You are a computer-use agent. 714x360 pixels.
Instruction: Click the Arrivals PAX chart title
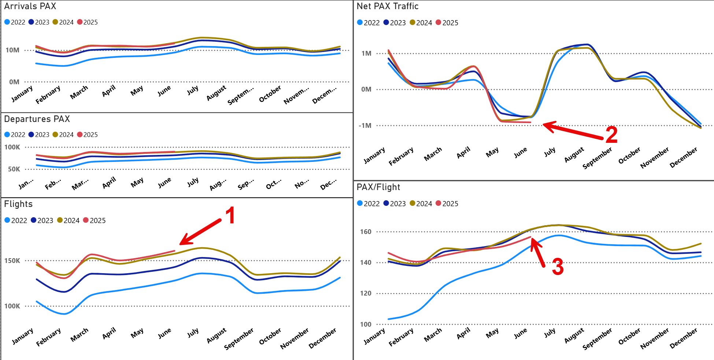(x=30, y=6)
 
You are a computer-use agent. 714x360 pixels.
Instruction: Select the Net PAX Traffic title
(x=387, y=6)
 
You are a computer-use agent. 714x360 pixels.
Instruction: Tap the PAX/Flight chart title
(x=378, y=187)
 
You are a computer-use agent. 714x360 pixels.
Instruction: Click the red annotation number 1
(x=230, y=215)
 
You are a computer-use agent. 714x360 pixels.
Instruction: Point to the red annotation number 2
(x=611, y=135)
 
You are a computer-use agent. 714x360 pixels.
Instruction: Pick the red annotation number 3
(x=558, y=267)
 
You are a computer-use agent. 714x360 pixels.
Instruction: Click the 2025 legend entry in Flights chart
(x=94, y=220)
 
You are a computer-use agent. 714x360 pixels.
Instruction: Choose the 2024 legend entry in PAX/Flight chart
(x=421, y=204)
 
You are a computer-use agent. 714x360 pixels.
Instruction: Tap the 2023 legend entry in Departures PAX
(x=39, y=135)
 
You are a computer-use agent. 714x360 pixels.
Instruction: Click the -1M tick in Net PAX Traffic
(x=365, y=126)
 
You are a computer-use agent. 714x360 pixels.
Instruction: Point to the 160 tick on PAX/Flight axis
(x=366, y=232)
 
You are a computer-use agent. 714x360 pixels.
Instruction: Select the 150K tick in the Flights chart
(x=12, y=261)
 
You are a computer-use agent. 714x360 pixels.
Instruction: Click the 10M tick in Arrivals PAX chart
(x=12, y=50)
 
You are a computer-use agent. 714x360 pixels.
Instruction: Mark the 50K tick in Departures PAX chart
(x=14, y=169)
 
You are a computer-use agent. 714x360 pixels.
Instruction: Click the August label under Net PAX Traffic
(x=574, y=155)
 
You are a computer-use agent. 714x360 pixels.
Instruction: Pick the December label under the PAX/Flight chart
(x=684, y=338)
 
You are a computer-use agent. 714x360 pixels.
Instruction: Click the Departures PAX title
(x=37, y=119)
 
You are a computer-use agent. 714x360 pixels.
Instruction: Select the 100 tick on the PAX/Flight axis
(x=366, y=324)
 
